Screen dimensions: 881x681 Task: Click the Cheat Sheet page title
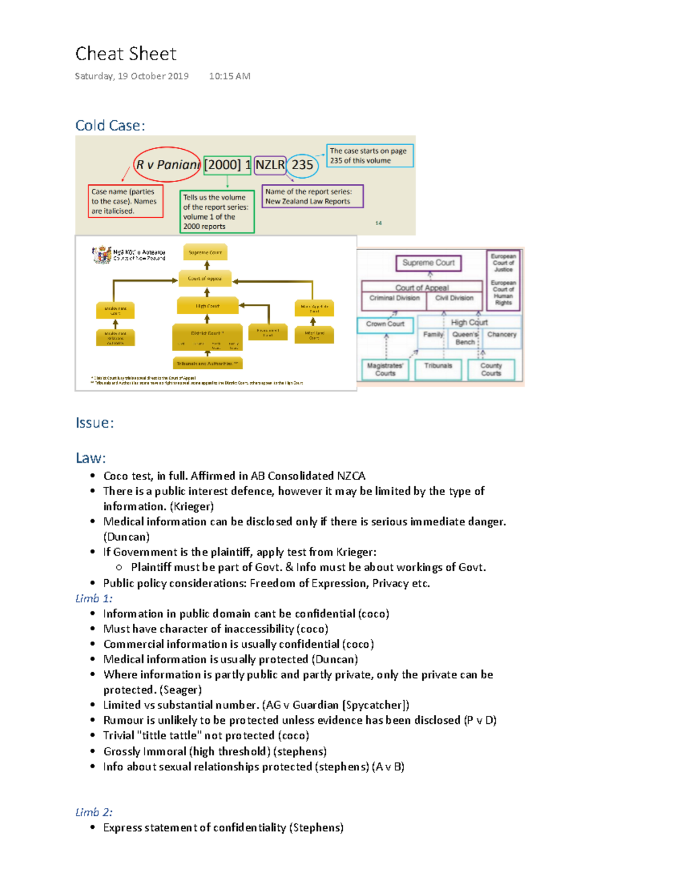[x=125, y=54]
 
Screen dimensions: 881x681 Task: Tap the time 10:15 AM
[x=229, y=76]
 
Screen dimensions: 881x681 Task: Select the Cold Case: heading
[x=110, y=125]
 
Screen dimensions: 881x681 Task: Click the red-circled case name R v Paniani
[x=167, y=165]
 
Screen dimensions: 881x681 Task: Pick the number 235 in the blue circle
[x=302, y=165]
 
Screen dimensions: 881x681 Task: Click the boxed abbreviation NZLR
[x=270, y=165]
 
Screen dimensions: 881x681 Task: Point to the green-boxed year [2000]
[x=222, y=165]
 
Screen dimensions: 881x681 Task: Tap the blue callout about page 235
[x=369, y=155]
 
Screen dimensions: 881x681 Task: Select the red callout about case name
[x=125, y=201]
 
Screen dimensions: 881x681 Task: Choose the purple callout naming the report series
[x=312, y=196]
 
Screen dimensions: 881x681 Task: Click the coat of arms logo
[x=102, y=255]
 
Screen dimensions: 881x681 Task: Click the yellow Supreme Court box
[x=205, y=252]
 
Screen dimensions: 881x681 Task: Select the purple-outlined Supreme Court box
[x=428, y=263]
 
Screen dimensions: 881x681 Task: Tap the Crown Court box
[x=385, y=324]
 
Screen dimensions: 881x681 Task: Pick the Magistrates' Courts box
[x=385, y=369]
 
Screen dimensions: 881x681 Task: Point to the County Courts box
[x=491, y=369]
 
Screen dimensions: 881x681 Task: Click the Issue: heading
[x=95, y=423]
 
